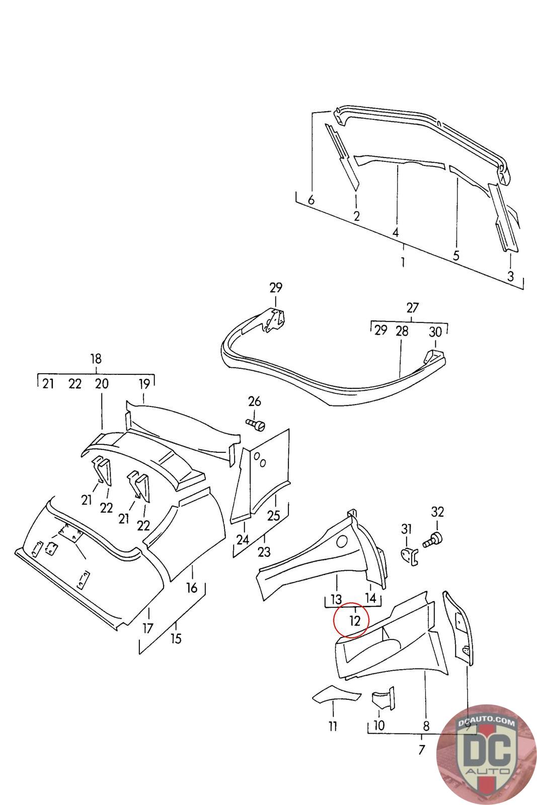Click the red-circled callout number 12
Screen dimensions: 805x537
(x=355, y=620)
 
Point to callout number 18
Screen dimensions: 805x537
(x=96, y=359)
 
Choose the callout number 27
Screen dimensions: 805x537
(x=412, y=307)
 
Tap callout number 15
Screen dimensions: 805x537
(x=176, y=638)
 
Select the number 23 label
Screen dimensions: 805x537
(x=264, y=552)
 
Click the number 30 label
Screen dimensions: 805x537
(x=435, y=331)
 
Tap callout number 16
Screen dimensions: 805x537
(x=192, y=587)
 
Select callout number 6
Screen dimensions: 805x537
(x=311, y=200)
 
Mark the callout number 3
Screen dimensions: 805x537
(x=510, y=276)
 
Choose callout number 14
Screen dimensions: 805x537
(x=370, y=598)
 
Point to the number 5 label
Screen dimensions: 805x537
(x=456, y=255)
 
